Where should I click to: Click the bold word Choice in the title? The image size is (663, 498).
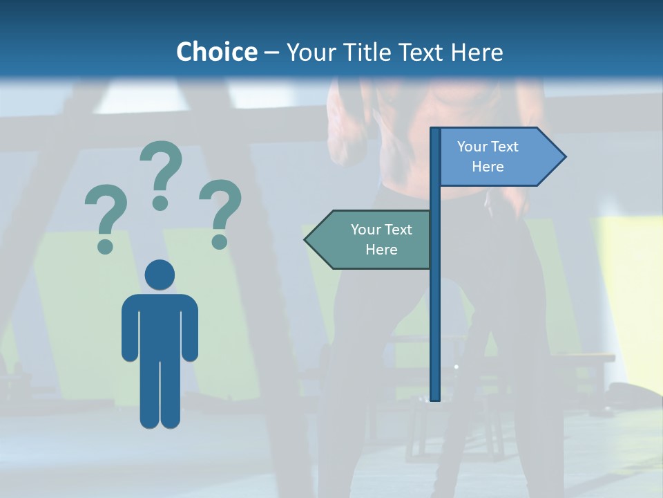pos(216,52)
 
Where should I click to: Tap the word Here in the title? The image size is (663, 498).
pos(477,52)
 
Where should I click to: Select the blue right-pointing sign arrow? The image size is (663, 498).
pos(497,156)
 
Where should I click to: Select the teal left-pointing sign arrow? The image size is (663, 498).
pos(373,239)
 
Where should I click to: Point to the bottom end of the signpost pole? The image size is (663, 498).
pos(435,397)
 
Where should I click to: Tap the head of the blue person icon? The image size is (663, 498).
pos(160,275)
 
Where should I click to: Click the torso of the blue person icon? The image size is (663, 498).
pos(160,325)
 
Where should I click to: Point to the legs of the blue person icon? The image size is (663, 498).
pos(160,394)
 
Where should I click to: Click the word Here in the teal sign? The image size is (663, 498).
pos(381,250)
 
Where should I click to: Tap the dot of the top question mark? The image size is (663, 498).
pos(160,203)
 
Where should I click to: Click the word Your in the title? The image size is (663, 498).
pos(309,52)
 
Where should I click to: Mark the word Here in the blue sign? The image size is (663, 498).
pos(488,167)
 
